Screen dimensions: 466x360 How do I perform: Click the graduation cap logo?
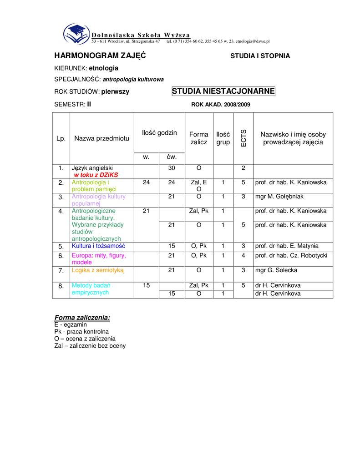(76, 33)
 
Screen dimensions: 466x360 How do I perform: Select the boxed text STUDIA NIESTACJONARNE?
(223, 91)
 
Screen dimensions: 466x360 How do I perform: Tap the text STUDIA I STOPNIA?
(260, 56)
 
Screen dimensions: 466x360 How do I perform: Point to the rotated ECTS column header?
(243, 138)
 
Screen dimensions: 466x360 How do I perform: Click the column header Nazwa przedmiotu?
(101, 138)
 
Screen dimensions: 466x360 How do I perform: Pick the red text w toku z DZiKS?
(96, 175)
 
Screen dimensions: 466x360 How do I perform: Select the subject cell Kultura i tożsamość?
(98, 246)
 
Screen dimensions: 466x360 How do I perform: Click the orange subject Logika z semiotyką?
(97, 270)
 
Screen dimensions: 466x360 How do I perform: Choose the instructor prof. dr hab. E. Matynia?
(287, 246)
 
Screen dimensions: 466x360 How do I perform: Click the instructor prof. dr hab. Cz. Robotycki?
(291, 255)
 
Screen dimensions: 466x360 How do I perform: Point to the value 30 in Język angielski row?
(172, 168)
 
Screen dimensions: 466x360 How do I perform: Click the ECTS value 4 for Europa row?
(243, 255)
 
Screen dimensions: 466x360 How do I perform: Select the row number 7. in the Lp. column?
(61, 271)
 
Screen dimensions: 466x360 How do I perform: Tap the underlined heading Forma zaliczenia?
(82, 317)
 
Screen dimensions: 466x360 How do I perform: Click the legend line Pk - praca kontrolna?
(81, 332)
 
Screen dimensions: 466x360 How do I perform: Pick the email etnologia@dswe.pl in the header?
(253, 41)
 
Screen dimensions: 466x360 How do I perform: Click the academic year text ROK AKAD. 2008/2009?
(221, 105)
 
